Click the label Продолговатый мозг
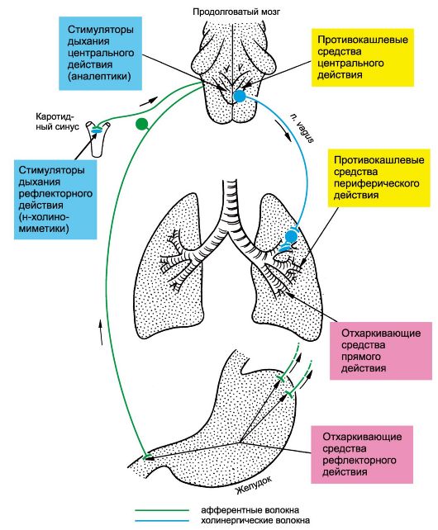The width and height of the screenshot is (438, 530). pos(236,12)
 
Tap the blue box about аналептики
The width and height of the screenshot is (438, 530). pos(100,54)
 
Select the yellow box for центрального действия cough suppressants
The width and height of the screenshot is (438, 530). pos(363,57)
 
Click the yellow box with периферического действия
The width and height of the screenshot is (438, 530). pos(378,177)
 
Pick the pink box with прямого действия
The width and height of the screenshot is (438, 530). pos(381,351)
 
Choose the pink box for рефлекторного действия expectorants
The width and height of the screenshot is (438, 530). pos(362,454)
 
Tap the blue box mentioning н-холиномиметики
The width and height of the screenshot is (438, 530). pos(55,200)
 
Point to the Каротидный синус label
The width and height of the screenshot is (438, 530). pos(58,121)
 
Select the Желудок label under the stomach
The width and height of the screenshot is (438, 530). pos(254,485)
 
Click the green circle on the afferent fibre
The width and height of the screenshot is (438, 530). pos(142,124)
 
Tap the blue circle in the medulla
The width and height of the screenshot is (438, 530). pos(240,96)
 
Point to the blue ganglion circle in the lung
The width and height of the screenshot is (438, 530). pos(291,237)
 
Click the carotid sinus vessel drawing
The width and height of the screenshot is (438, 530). pos(98,139)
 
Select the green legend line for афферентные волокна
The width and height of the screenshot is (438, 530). pos(162,510)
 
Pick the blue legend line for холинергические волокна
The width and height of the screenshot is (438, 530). pos(162,521)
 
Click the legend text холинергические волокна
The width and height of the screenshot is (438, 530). pos(255,521)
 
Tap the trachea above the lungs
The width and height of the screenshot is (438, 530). pos(231,203)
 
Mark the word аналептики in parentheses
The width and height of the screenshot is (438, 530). pos(99,76)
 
